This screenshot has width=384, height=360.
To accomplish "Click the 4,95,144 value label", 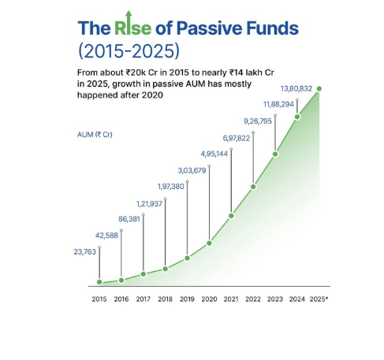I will tap(214, 154).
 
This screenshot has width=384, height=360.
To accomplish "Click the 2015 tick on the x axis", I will tap(99, 299).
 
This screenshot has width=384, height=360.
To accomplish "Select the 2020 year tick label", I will tap(209, 299).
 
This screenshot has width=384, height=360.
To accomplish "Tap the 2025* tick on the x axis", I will tap(319, 299).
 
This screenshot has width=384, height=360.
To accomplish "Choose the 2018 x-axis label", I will tap(165, 299).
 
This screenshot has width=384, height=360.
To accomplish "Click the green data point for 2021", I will tap(231, 215).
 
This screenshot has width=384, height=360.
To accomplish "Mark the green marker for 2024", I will tap(297, 117).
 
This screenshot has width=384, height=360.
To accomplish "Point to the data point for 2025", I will tap(319, 88).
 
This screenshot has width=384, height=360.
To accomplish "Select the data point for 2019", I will tap(187, 258).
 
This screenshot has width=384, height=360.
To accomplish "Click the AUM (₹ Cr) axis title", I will tap(94, 135).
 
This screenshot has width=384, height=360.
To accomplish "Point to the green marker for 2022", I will tap(253, 187).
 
